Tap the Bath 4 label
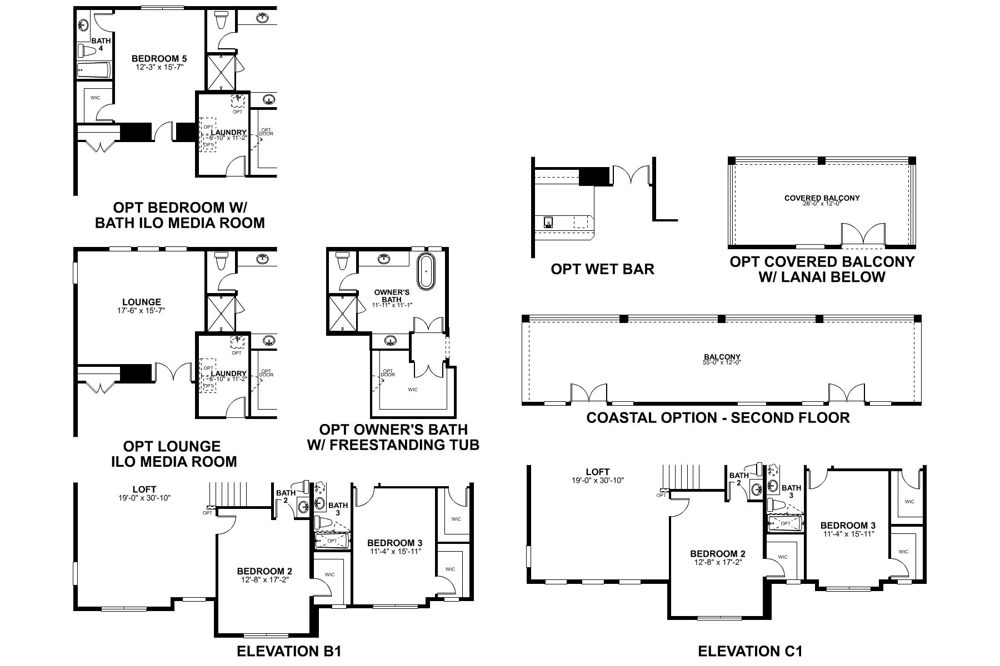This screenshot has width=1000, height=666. (x=101, y=44)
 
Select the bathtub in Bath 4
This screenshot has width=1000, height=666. (x=93, y=70)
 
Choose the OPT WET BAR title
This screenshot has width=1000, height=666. (x=602, y=269)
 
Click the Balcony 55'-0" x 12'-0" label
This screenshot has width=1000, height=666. (x=722, y=360)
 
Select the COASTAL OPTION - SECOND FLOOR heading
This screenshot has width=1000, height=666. (x=718, y=417)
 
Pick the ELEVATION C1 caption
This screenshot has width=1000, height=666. (x=750, y=650)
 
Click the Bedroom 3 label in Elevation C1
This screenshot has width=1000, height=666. (x=848, y=529)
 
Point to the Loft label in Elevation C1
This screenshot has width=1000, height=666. (x=598, y=475)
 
